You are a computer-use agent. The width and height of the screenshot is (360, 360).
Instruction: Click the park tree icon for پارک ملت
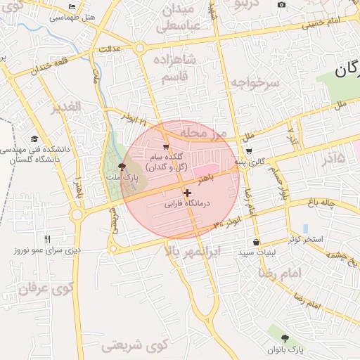pos(123,167)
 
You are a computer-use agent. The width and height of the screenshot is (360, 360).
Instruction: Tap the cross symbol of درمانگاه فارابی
pos(187,193)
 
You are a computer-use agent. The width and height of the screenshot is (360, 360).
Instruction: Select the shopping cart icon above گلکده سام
pos(166,146)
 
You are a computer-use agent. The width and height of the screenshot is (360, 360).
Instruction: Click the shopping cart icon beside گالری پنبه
pos(249,151)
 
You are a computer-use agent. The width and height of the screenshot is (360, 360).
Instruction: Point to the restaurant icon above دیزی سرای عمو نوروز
pos(47,238)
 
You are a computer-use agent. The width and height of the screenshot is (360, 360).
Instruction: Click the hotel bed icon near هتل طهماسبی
pos(73,6)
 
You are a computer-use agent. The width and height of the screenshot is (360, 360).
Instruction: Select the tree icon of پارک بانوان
pos(285,338)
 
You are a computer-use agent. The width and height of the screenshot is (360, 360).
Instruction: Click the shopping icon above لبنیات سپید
pos(255,242)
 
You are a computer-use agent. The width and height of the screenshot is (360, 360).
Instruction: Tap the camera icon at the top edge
pos(282,5)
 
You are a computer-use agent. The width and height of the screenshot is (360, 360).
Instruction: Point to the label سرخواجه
pos(255,82)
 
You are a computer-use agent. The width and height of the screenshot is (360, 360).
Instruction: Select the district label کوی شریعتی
pos(136,345)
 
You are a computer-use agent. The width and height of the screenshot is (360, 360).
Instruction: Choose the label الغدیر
pos(66,107)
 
